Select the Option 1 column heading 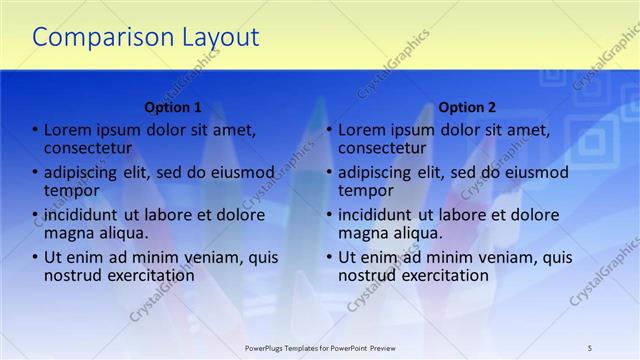(173, 107)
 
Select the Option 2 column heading (467, 107)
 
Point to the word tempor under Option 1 (71, 190)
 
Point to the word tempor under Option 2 (365, 190)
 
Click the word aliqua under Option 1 (121, 232)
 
